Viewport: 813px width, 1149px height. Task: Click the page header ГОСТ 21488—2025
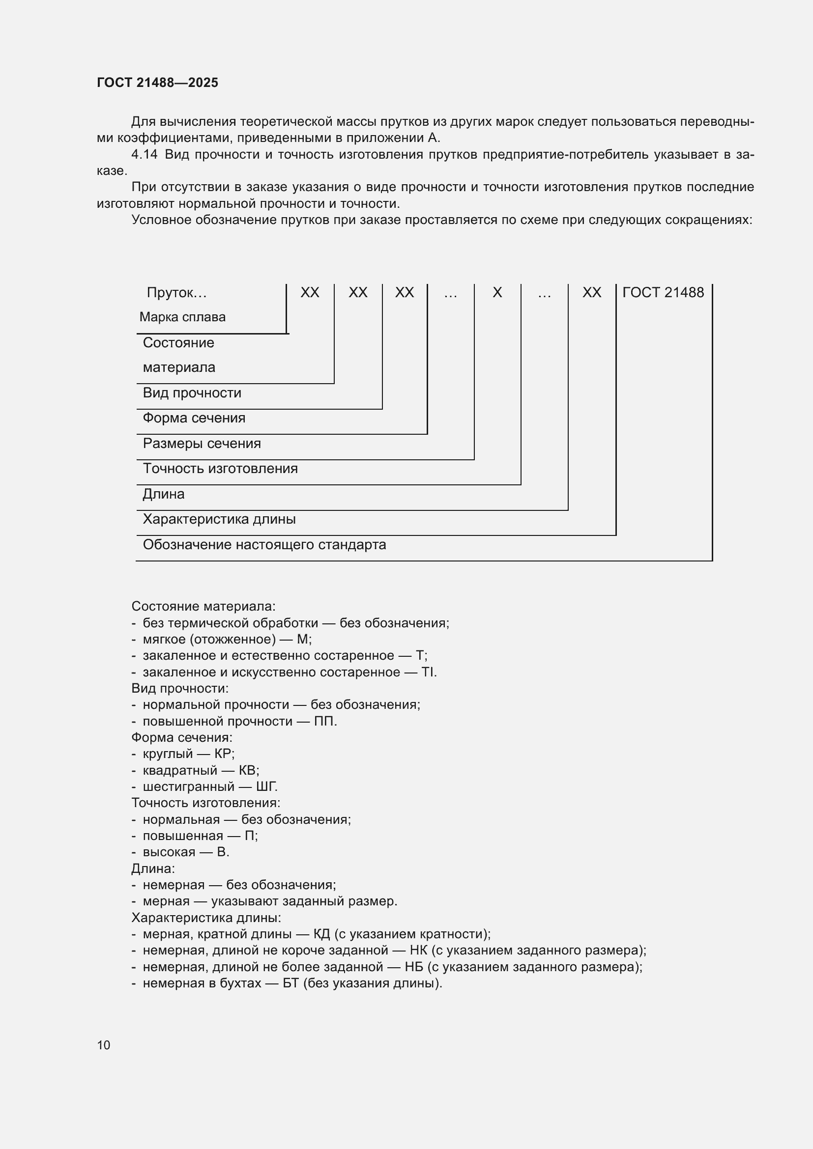point(157,83)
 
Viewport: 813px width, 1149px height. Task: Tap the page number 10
point(104,1045)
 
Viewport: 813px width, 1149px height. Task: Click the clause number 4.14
point(144,155)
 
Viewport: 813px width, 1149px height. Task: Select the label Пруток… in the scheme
point(176,293)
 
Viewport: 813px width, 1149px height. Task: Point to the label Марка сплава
point(182,317)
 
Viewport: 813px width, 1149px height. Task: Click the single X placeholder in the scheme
point(496,293)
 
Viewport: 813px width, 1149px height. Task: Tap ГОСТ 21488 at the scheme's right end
point(663,293)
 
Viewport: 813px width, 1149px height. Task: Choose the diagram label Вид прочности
point(192,393)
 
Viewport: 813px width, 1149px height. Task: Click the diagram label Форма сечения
point(194,418)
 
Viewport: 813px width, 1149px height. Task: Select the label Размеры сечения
point(202,444)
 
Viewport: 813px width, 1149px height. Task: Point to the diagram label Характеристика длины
point(219,519)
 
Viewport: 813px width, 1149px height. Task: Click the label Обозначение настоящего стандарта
point(264,544)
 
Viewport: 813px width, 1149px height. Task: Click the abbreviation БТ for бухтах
point(290,983)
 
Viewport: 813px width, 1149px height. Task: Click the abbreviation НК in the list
point(418,951)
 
